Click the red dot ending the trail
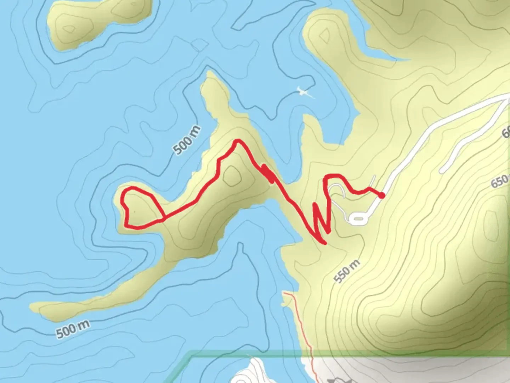(381, 195)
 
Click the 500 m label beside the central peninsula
(187, 140)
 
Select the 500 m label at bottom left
(73, 329)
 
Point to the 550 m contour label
(347, 271)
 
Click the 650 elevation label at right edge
(500, 182)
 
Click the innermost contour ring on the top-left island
(68, 28)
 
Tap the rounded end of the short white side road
(442, 171)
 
